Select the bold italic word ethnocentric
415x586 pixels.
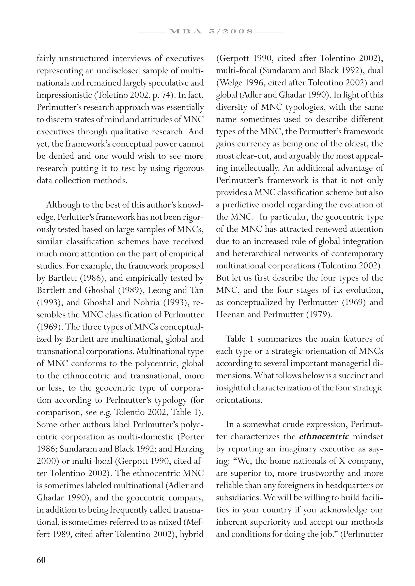(324, 436)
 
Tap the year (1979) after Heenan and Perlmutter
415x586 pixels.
(319, 314)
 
